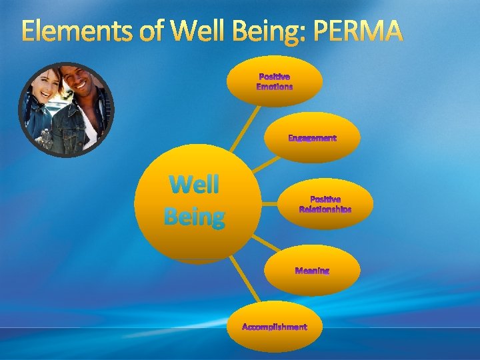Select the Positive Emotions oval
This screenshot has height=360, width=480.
(x=275, y=81)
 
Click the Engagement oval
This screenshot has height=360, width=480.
(x=312, y=138)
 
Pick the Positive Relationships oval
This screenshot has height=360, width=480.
(x=325, y=204)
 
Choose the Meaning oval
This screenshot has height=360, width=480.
(x=312, y=271)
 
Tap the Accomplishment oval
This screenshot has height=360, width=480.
(x=274, y=327)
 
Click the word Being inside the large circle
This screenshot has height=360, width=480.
(x=194, y=216)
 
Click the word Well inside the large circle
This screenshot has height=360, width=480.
(x=194, y=184)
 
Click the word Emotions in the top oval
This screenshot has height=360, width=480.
(x=275, y=87)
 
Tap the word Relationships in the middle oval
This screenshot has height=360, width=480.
(x=325, y=209)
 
